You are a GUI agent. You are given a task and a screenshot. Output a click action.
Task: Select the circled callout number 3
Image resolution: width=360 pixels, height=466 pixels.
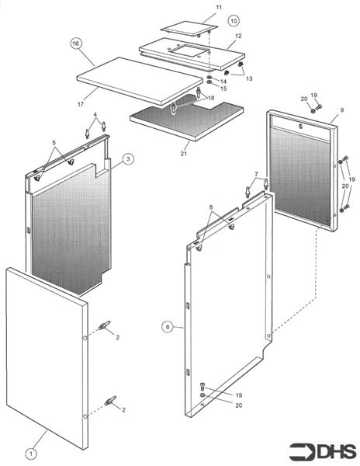[129, 158]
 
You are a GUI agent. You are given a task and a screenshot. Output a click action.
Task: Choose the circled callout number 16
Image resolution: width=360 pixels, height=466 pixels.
[75, 43]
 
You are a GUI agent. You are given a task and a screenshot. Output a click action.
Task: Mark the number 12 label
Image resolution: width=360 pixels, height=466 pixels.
[238, 36]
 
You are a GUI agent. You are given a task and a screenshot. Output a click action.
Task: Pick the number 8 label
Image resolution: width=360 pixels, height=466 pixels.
[210, 207]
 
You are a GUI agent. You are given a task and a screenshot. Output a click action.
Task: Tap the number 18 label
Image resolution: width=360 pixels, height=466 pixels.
[210, 99]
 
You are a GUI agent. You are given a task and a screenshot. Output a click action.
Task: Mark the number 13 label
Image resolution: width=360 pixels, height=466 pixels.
[248, 78]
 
